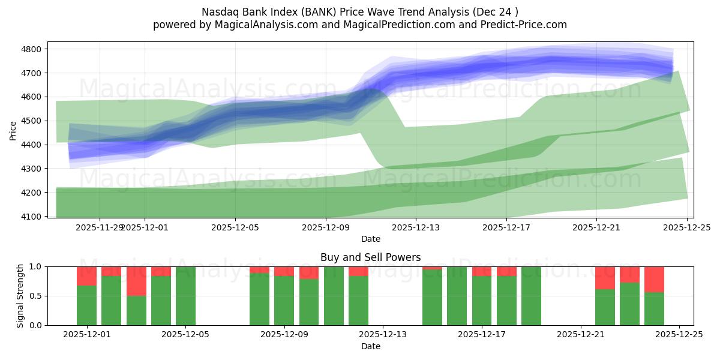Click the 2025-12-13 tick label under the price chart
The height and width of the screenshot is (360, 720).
tap(416, 228)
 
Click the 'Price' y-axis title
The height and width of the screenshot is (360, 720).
tap(13, 130)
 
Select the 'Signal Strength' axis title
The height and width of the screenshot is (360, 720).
tap(20, 296)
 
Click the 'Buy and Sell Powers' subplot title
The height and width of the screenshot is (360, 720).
tap(370, 257)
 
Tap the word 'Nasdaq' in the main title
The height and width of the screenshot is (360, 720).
tap(219, 11)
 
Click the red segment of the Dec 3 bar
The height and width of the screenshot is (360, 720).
tap(136, 281)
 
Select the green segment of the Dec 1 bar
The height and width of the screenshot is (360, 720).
tap(87, 305)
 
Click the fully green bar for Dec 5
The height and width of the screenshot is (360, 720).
tap(185, 296)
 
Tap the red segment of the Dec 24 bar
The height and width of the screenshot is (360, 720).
tap(654, 279)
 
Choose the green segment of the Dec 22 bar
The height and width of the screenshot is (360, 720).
tap(605, 307)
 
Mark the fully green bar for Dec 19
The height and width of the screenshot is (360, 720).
tap(531, 296)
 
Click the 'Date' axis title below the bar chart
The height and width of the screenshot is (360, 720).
tap(370, 346)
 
